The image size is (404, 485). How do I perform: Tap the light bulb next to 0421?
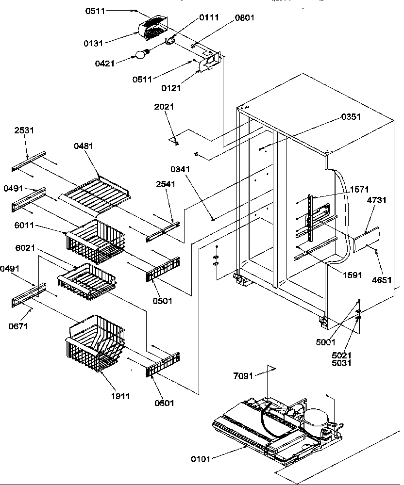141,54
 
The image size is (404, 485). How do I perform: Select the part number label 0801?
244,18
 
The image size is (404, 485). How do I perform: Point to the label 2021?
164,107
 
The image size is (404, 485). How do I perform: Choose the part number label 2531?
24,130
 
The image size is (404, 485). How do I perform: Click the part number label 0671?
18,326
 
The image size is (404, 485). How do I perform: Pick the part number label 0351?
351,117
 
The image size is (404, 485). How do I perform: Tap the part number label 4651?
382,280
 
